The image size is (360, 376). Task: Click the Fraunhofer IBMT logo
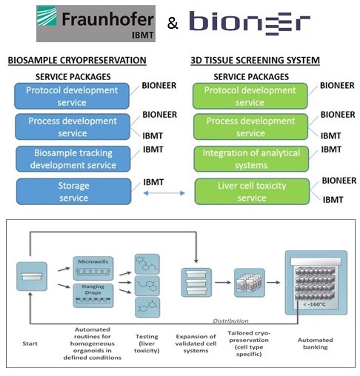pyautogui.click(x=96, y=24)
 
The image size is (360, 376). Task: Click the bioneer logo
pyautogui.click(x=250, y=23)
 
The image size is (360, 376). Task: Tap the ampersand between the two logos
pyautogui.click(x=173, y=24)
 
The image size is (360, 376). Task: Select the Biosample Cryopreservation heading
pyautogui.click(x=77, y=61)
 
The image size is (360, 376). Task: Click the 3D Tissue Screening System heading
pyautogui.click(x=255, y=61)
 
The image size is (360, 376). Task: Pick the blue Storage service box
pyautogui.click(x=73, y=192)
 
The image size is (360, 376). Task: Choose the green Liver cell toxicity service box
pyautogui.click(x=252, y=192)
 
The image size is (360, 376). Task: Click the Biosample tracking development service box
pyautogui.click(x=73, y=159)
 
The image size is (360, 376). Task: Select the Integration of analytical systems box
pyautogui.click(x=251, y=159)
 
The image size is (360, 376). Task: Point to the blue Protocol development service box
pyautogui.click(x=72, y=96)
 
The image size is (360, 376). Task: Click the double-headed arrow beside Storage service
pyautogui.click(x=164, y=193)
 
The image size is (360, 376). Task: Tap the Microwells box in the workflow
pyautogui.click(x=93, y=268)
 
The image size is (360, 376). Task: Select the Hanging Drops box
pyautogui.click(x=93, y=295)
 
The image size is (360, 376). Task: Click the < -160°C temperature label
pyautogui.click(x=314, y=304)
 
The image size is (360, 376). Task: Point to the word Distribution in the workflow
pyautogui.click(x=230, y=320)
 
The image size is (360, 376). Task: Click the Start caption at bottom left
pyautogui.click(x=30, y=343)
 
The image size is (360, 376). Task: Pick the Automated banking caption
pyautogui.click(x=316, y=343)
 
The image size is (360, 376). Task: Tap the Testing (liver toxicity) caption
pyautogui.click(x=147, y=343)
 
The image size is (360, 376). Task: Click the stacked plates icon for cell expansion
pyautogui.click(x=196, y=282)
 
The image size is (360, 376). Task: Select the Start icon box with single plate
pyautogui.click(x=32, y=276)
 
